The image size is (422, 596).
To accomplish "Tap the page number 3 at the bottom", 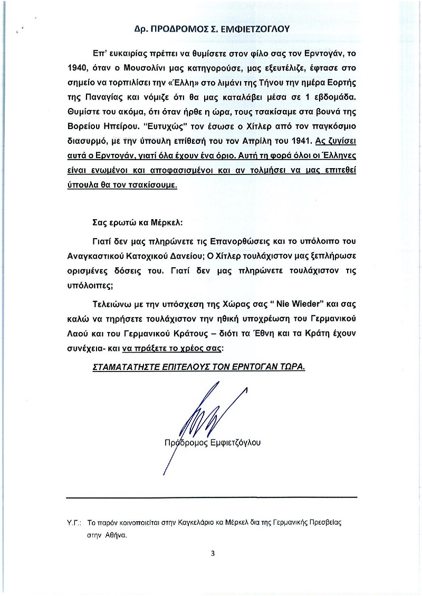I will click(212, 553).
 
